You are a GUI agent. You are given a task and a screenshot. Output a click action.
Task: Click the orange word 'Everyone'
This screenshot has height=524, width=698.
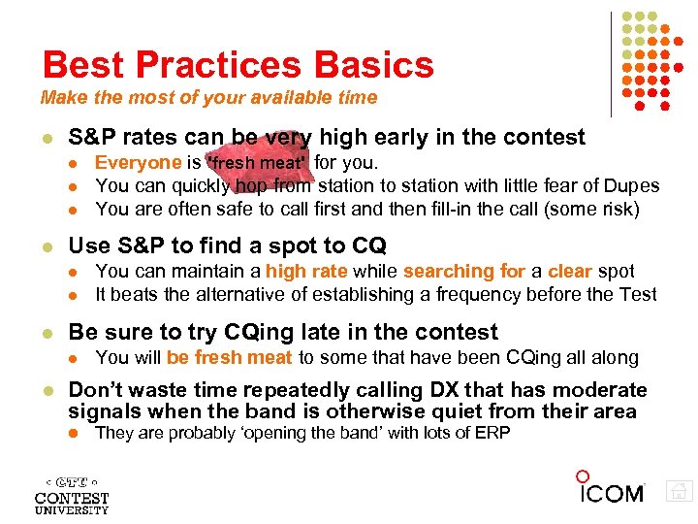[x=138, y=163]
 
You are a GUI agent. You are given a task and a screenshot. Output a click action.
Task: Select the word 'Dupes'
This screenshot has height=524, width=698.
[x=634, y=184]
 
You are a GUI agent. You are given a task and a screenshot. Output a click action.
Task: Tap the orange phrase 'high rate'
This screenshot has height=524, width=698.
[x=306, y=272]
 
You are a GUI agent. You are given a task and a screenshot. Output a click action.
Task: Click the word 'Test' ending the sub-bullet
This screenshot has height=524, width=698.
[x=638, y=294]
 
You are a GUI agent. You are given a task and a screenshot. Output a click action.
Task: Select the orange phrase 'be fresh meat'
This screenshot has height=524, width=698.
[x=229, y=358]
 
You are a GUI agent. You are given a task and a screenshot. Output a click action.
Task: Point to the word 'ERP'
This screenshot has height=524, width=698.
[x=492, y=433]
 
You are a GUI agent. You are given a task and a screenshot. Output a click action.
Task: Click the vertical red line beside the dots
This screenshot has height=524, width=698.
[x=611, y=63]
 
